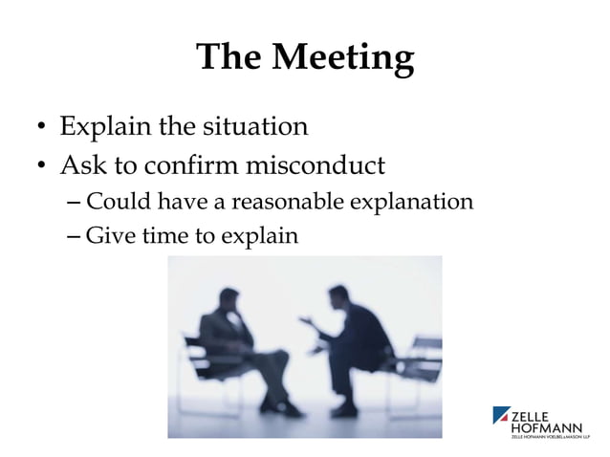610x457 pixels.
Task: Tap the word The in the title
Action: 229,59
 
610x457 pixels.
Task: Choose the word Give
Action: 108,233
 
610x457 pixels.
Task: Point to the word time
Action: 167,233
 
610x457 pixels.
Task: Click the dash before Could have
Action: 76,204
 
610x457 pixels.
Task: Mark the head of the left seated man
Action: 230,297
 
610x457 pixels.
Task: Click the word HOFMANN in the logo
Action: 547,426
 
